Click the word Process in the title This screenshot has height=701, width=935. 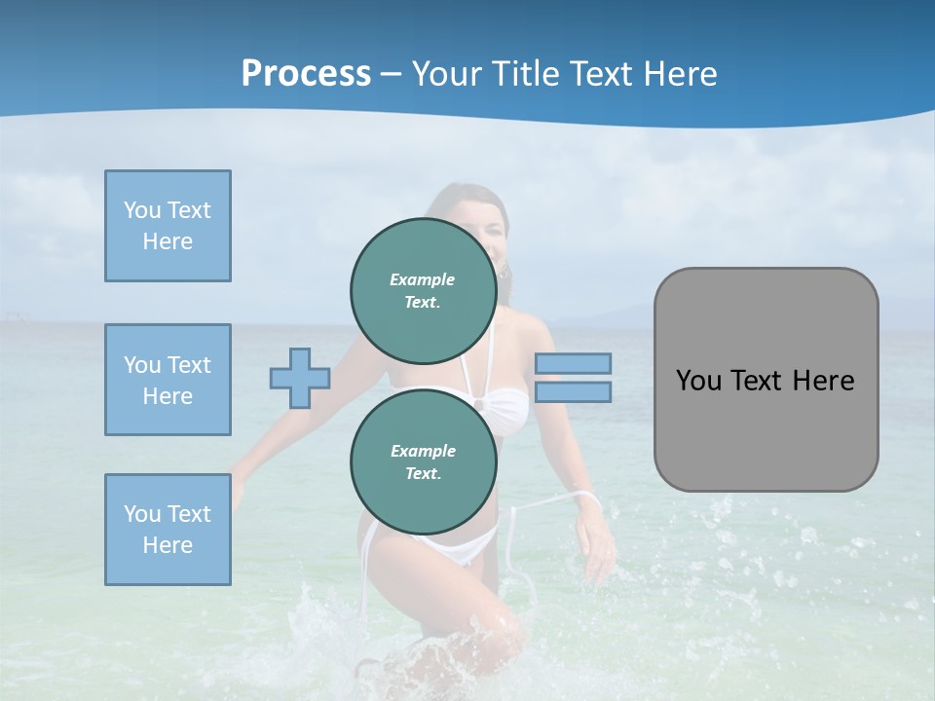click(306, 74)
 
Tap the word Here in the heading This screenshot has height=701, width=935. click(677, 74)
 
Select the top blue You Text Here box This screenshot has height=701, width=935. click(168, 226)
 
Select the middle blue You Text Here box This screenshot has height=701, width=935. click(168, 380)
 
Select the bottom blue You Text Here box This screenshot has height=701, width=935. click(168, 530)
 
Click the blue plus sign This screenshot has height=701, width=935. click(299, 378)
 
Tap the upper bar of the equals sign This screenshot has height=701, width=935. click(573, 363)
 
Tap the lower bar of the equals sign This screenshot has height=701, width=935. click(573, 392)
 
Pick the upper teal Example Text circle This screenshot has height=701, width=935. click(423, 290)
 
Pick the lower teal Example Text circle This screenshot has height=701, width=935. click(423, 461)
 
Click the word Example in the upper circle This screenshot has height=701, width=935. click(423, 279)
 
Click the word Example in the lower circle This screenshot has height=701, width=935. click(423, 451)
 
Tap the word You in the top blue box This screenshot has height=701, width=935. click(142, 210)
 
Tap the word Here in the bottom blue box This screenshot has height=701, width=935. click(168, 545)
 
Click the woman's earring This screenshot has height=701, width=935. click(504, 274)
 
